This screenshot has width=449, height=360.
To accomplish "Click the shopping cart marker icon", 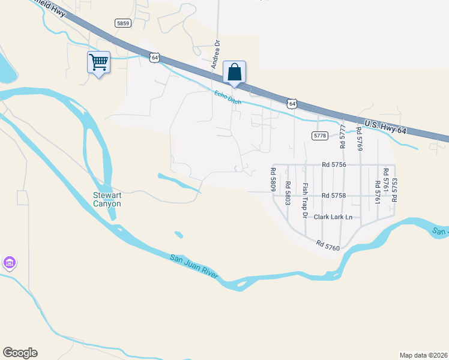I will [x=98, y=62].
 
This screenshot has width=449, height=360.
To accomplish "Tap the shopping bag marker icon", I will [x=235, y=72].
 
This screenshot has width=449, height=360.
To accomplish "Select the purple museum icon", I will [x=9, y=263].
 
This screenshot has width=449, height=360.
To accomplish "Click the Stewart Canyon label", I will [x=107, y=199].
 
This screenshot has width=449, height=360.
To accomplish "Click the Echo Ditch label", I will [x=228, y=97].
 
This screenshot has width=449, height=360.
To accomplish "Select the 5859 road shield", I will [x=123, y=23].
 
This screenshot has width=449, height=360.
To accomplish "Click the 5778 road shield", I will [x=319, y=136].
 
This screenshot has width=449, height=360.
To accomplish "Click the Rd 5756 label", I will [x=334, y=164].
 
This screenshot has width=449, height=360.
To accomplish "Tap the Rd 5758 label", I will [x=334, y=196].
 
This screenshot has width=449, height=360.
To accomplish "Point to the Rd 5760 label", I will [x=328, y=244].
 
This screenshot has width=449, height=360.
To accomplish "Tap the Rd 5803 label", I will [x=288, y=193].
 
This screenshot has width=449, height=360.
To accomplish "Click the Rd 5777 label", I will [x=343, y=137].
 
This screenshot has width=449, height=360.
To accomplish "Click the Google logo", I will [x=20, y=353].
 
